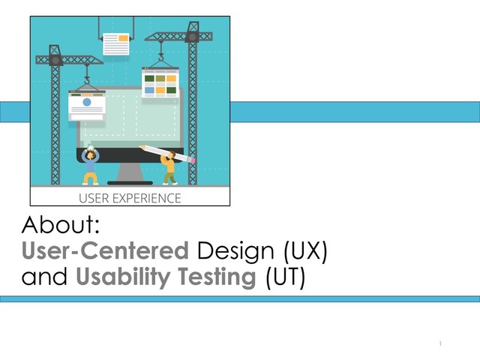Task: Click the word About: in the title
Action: pos(67,224)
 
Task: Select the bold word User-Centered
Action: pos(104,250)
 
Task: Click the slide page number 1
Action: pos(442,343)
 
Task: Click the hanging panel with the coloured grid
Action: pos(160,83)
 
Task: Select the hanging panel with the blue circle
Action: pos(86,105)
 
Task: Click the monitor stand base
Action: pos(130,182)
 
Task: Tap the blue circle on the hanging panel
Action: pos(86,102)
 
